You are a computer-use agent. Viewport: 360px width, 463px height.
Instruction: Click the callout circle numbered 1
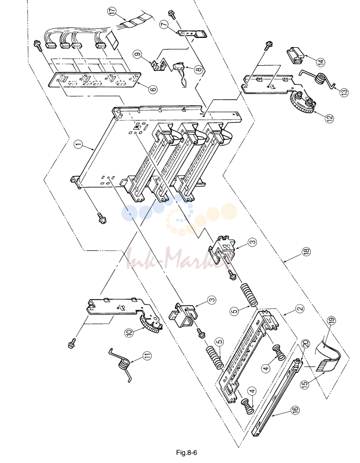point(79,145)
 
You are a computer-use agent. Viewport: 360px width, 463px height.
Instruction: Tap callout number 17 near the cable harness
point(113,11)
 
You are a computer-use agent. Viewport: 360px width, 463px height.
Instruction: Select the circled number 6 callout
point(153,89)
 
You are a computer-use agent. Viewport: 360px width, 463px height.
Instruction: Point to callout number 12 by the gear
point(329,118)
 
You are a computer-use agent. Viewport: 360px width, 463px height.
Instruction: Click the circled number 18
point(306,251)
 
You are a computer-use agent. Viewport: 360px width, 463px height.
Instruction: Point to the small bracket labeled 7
point(192,34)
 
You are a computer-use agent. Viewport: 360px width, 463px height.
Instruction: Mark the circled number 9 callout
point(138,54)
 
